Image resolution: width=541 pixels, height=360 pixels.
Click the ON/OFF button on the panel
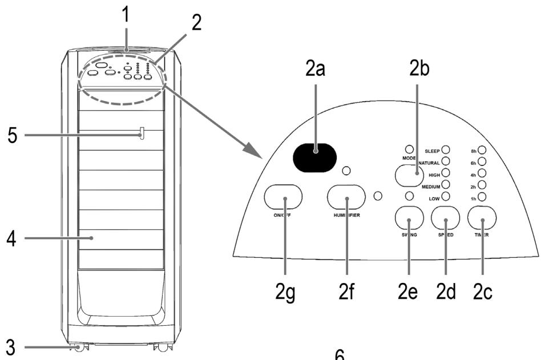click(284, 197)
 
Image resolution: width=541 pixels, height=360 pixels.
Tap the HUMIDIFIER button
click(346, 197)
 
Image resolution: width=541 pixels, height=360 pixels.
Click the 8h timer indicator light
click(482, 150)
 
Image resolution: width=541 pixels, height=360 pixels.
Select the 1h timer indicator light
click(482, 197)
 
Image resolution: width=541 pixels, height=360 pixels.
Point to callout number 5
click(11, 136)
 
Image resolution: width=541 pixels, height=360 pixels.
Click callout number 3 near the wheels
click(11, 346)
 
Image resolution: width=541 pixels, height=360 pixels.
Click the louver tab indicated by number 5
click(142, 134)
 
